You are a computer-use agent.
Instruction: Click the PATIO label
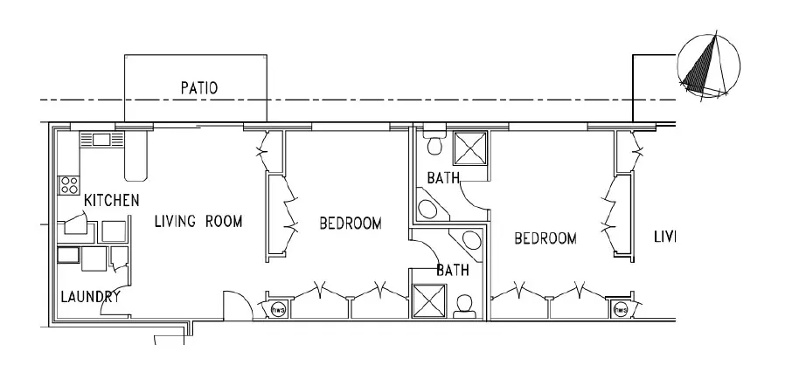tap(198, 87)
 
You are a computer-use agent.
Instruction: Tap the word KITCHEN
tap(111, 201)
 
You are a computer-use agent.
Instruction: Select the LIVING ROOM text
tap(198, 221)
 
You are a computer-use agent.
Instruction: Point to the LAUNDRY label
tap(90, 297)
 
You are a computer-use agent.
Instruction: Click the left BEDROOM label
tap(350, 224)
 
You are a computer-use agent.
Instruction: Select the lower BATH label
tap(453, 271)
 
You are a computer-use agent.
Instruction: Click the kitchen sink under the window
tap(96, 139)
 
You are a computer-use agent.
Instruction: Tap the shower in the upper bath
tap(469, 147)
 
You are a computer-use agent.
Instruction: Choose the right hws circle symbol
tap(622, 308)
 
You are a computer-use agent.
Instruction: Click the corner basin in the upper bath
tap(428, 208)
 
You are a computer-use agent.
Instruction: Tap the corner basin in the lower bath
tap(470, 242)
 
